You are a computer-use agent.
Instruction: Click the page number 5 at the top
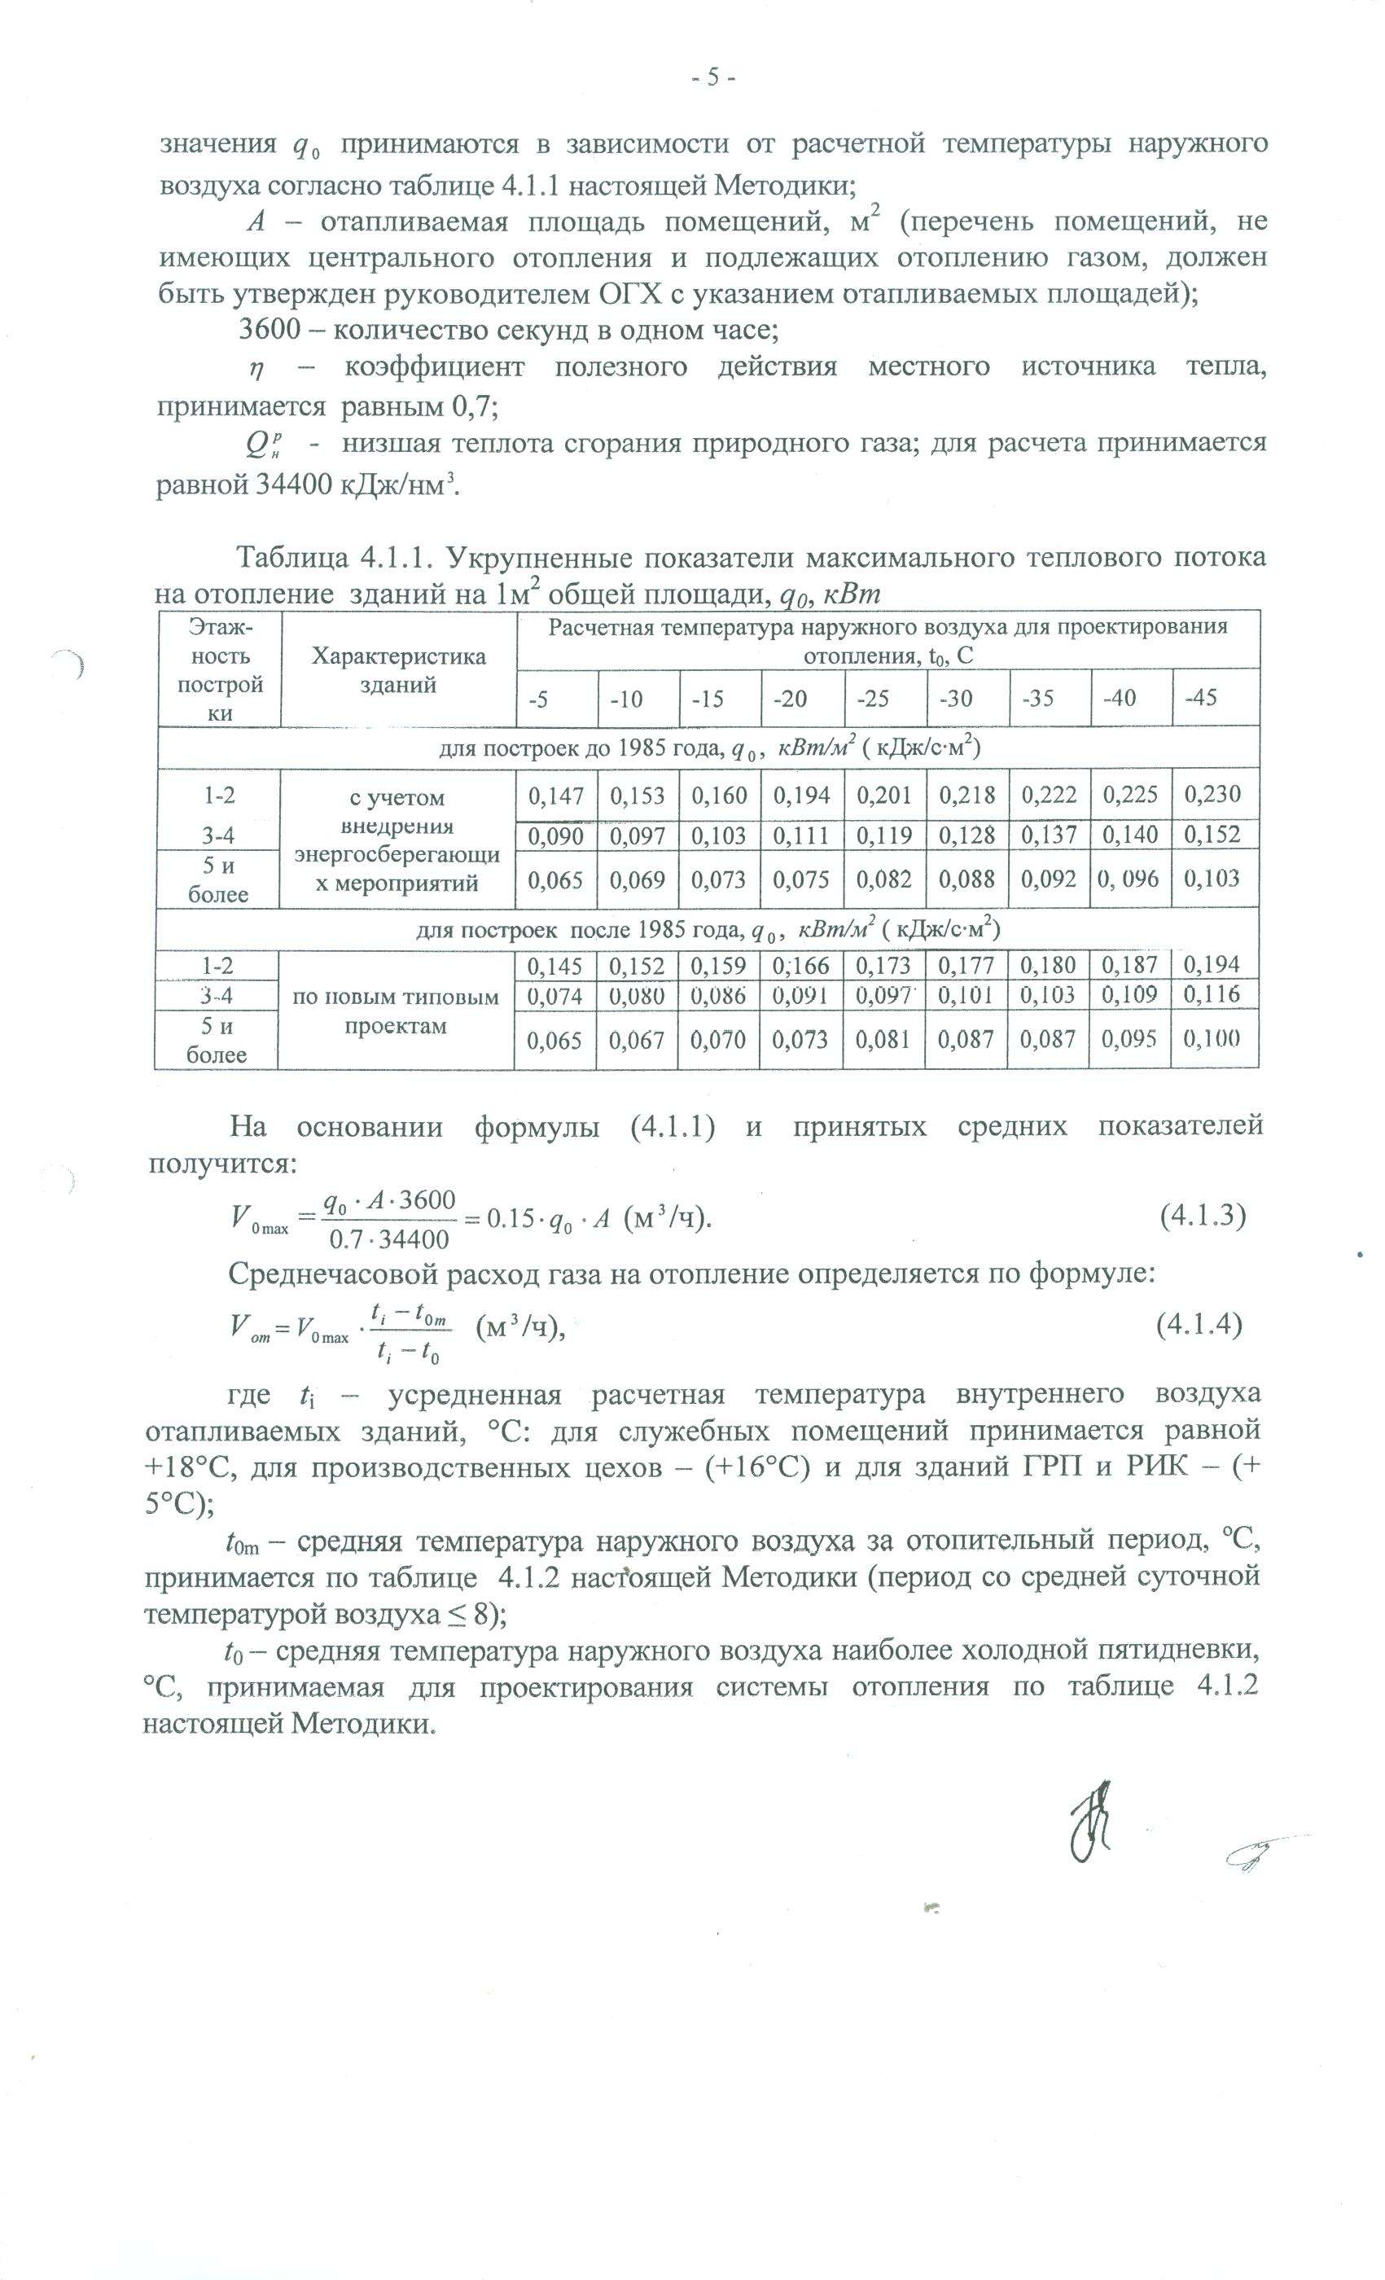coord(712,77)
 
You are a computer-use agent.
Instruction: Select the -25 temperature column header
coord(873,698)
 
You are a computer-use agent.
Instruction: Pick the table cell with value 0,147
coord(555,794)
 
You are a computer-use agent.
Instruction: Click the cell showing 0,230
coord(1212,794)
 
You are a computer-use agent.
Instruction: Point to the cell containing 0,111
coord(801,835)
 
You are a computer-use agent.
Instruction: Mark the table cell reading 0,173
coord(883,966)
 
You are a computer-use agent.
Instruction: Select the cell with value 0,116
coord(1212,995)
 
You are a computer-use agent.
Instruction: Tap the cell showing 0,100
coord(1212,1038)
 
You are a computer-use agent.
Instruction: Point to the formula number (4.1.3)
coord(1202,1215)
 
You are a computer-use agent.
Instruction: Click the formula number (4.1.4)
coord(1199,1324)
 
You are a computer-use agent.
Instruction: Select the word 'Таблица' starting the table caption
coord(291,558)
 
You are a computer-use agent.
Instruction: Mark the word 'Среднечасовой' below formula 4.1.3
coord(342,1274)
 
